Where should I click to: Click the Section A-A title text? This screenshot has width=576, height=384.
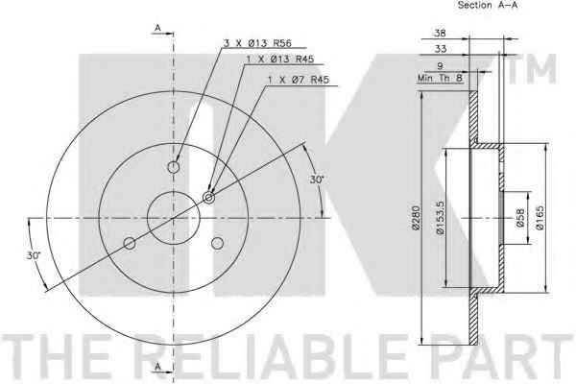point(487,5)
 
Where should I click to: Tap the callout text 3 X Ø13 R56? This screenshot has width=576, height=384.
point(257,43)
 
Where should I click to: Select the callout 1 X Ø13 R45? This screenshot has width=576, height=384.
point(280,60)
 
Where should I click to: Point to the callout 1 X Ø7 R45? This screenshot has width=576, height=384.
point(299,80)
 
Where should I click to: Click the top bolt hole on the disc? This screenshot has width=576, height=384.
point(174,168)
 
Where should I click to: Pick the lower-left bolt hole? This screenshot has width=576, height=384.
point(130,243)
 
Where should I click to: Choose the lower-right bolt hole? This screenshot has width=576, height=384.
point(218,243)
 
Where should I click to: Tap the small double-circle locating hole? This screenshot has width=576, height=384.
point(209,198)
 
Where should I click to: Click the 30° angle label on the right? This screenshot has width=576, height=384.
point(317,180)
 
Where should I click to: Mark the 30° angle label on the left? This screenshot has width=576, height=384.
point(34,255)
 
